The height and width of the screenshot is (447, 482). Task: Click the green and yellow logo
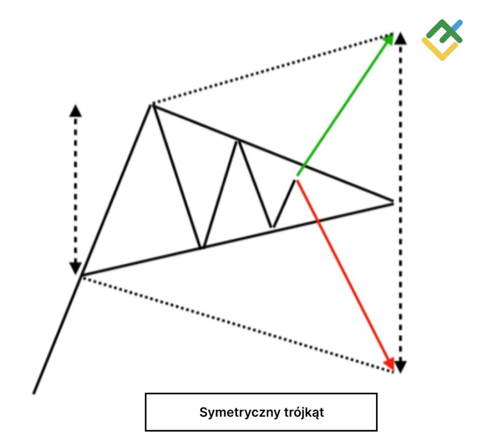[x=441, y=41]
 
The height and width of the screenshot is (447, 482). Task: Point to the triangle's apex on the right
[x=393, y=202]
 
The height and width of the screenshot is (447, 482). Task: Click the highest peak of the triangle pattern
[x=152, y=104]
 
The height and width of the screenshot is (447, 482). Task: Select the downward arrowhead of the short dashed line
[x=75, y=267]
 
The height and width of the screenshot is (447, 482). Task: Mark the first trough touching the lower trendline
[x=202, y=248]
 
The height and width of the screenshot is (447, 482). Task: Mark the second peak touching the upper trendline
[x=237, y=140]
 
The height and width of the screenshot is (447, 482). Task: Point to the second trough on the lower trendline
[x=273, y=226]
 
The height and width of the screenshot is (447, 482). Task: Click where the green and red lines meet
[x=297, y=178]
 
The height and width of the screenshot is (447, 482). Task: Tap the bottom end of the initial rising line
[x=34, y=393]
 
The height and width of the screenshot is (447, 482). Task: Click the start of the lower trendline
[x=82, y=275]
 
